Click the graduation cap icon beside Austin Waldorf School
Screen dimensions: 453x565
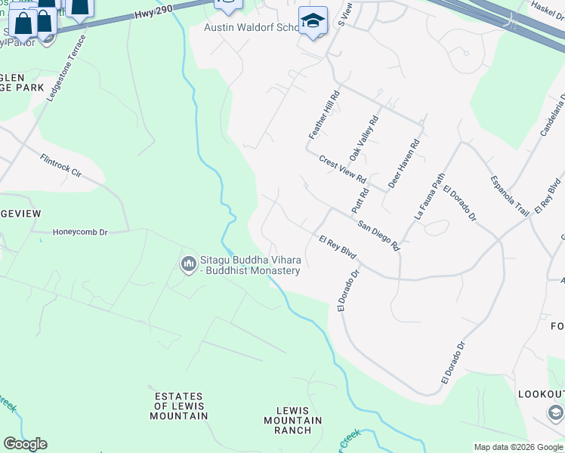tap(312, 21)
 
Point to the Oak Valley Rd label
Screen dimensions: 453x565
tap(363, 138)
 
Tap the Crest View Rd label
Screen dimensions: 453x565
tap(342, 171)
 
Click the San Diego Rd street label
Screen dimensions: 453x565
tap(378, 235)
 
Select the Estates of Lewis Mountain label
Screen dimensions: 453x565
tap(178, 406)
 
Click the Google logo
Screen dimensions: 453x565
tap(25, 443)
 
